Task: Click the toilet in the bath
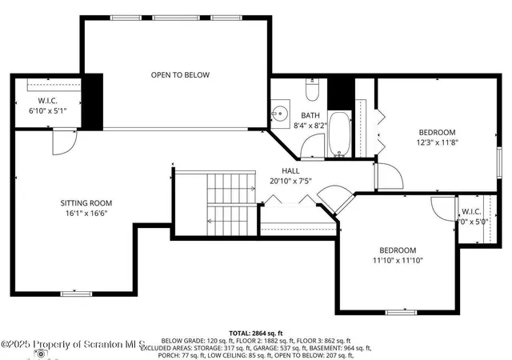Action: (313, 89)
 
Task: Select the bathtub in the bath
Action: (338, 134)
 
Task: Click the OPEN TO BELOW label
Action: (180, 75)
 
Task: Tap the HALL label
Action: (291, 171)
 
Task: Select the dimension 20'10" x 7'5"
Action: (291, 182)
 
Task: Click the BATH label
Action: (310, 115)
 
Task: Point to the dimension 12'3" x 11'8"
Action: (437, 142)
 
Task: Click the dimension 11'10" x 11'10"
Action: (398, 260)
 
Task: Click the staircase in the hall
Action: (229, 203)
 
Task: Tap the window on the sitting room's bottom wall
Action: (76, 294)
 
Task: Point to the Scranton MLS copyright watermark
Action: (72, 345)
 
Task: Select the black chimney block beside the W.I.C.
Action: (93, 101)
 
